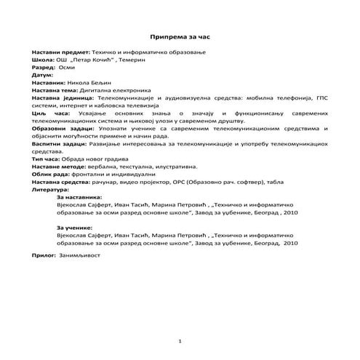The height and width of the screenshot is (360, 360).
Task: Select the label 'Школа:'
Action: (43, 63)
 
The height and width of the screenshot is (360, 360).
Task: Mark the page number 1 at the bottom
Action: (180, 341)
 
